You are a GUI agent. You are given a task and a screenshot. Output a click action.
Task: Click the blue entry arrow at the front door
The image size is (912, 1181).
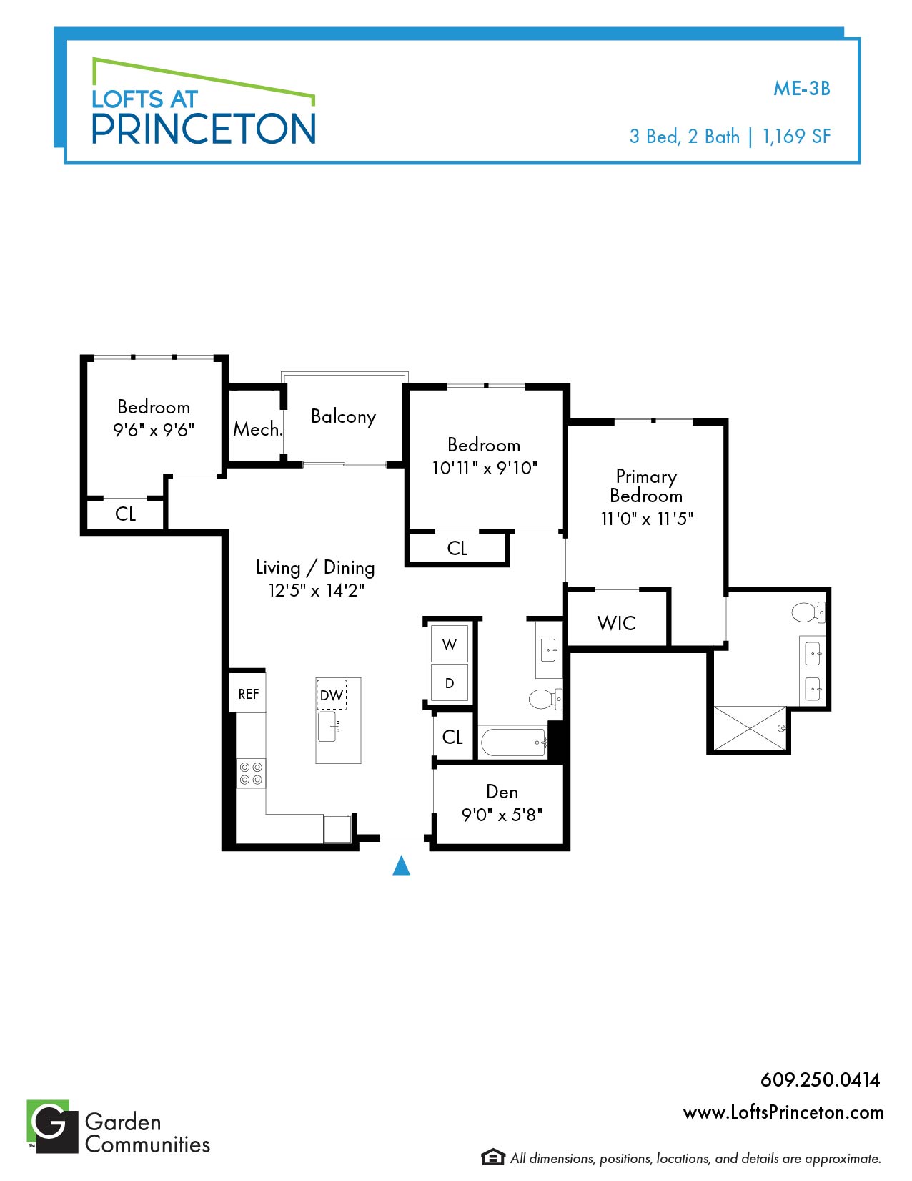click(x=401, y=866)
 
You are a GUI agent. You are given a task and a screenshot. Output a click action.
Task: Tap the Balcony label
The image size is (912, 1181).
click(x=343, y=417)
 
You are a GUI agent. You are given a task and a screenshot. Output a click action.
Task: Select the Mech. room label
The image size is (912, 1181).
click(x=258, y=429)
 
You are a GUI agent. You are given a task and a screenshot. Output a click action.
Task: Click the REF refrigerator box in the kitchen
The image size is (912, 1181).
click(x=247, y=693)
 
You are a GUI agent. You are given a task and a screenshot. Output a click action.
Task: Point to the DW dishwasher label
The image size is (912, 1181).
click(x=331, y=695)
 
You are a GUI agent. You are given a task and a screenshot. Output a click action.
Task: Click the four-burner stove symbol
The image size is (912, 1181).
click(x=251, y=773)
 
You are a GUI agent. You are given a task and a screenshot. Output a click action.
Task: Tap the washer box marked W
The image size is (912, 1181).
click(x=449, y=644)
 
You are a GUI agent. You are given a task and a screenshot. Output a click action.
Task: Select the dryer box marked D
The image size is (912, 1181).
click(x=449, y=683)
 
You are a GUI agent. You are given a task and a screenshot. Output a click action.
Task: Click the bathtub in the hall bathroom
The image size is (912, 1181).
click(x=514, y=742)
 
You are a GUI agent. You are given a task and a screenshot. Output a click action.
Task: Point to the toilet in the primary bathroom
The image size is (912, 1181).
click(x=808, y=612)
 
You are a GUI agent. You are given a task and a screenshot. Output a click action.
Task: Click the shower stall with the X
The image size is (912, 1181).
click(x=750, y=729)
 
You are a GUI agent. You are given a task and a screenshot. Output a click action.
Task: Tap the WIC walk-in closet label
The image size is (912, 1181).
click(x=616, y=623)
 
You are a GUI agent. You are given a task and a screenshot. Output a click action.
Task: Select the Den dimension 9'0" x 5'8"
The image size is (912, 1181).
click(x=502, y=815)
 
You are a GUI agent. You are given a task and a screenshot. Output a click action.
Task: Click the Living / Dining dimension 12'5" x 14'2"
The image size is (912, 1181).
click(x=317, y=590)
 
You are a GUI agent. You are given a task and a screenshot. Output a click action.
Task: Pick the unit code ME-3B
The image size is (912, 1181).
click(x=802, y=88)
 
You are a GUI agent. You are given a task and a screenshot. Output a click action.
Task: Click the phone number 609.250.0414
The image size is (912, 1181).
click(x=821, y=1079)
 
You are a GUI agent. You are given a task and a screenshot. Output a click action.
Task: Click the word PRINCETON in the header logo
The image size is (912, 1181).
click(x=204, y=129)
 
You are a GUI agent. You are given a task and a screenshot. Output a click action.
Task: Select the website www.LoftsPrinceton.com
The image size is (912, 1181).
click(x=783, y=1112)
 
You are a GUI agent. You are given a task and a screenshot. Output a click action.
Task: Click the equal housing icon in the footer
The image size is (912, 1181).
click(x=493, y=1157)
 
